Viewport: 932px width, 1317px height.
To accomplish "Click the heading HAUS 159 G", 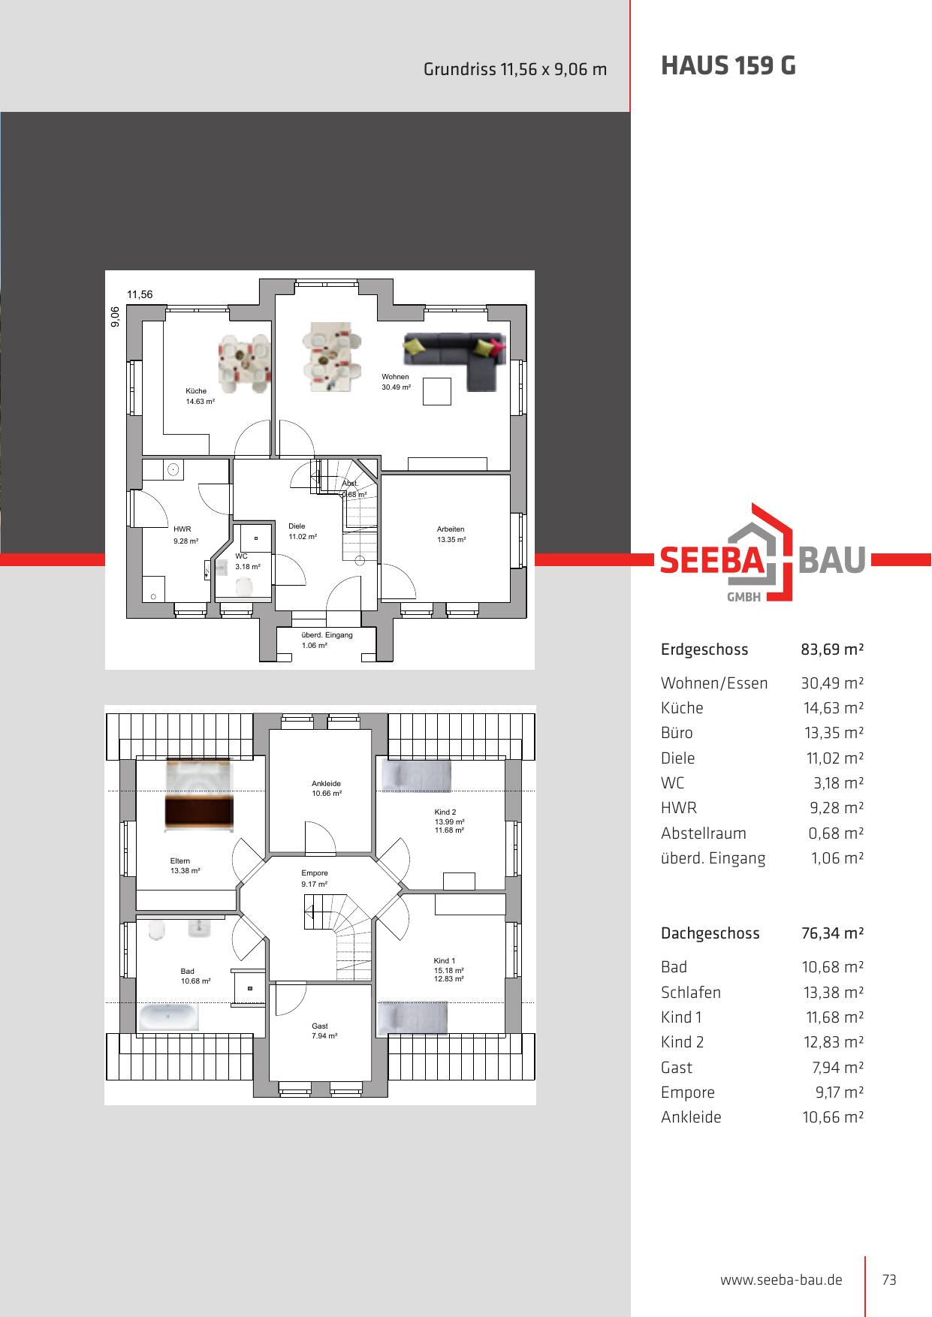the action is pyautogui.click(x=728, y=67).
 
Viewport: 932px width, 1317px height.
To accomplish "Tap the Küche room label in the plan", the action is pyautogui.click(x=196, y=391).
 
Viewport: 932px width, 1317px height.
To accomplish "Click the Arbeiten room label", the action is pyautogui.click(x=451, y=529).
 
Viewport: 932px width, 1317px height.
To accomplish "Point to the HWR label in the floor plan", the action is pyautogui.click(x=182, y=529).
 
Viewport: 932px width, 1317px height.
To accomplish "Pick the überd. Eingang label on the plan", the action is pyautogui.click(x=327, y=635).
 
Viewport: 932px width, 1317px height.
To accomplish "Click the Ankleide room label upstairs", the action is pyautogui.click(x=327, y=784).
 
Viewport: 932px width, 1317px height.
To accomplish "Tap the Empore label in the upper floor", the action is pyautogui.click(x=315, y=873).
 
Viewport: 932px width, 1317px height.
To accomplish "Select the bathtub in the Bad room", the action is pyautogui.click(x=169, y=1018).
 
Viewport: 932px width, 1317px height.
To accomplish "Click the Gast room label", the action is pyautogui.click(x=320, y=1026).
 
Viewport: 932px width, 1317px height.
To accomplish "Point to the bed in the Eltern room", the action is pyautogui.click(x=199, y=795).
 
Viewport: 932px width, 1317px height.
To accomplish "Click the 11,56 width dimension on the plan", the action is pyautogui.click(x=140, y=294).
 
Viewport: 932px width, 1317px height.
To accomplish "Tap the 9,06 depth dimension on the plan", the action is pyautogui.click(x=115, y=317).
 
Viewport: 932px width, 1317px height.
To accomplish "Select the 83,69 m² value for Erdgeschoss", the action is pyautogui.click(x=833, y=649).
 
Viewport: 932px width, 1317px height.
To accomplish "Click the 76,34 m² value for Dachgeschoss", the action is pyautogui.click(x=833, y=933).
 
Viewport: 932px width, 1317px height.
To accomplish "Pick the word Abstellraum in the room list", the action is pyautogui.click(x=704, y=833).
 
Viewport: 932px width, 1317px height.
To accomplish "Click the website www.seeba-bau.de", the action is pyautogui.click(x=781, y=1280).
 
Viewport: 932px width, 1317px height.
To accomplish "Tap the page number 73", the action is pyautogui.click(x=889, y=1280).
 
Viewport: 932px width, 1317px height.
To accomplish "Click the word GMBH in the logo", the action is pyautogui.click(x=744, y=598).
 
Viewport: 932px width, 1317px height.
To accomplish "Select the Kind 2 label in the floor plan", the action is pyautogui.click(x=445, y=812).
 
